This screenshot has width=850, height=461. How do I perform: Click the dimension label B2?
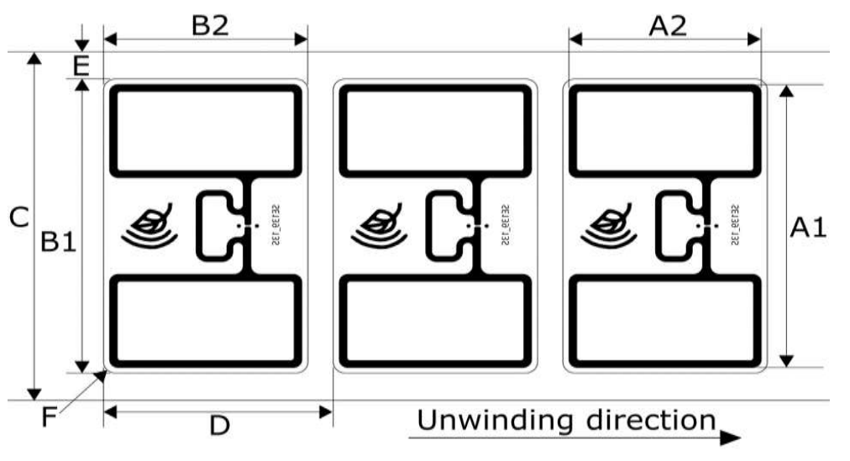209,24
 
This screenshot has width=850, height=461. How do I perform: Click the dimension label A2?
669,25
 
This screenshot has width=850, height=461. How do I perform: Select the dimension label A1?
808,227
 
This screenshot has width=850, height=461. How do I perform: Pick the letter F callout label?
50,415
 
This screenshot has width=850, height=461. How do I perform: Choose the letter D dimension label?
219,426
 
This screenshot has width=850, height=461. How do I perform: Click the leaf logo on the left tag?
150,224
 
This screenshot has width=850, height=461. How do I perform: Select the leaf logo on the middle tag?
380,224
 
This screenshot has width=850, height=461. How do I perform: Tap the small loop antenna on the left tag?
217,226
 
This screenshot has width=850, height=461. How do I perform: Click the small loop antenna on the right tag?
675,226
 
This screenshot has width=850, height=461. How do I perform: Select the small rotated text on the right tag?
734,225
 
